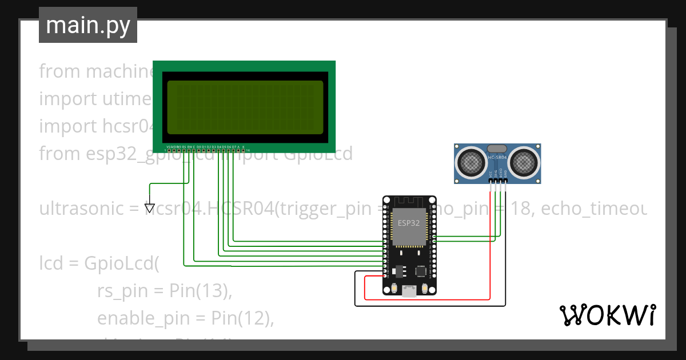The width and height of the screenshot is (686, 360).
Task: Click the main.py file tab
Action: pos(87,25)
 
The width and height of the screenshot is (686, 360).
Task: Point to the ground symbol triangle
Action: pos(150,209)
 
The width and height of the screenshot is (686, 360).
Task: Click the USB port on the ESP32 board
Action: pos(409,291)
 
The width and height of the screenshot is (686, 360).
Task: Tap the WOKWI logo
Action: pos(607,315)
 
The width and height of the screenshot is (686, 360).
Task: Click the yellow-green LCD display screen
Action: pos(245,107)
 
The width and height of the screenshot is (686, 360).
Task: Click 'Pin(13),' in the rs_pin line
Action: pos(201,291)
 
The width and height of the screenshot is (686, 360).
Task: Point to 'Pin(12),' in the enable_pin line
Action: pos(242,318)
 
